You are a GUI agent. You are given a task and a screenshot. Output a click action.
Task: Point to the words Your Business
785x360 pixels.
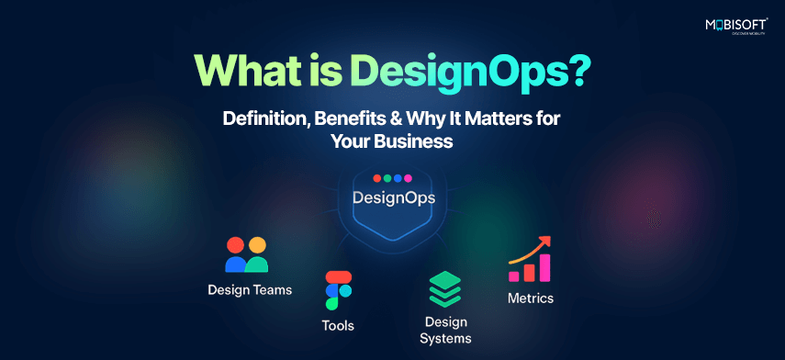(391, 141)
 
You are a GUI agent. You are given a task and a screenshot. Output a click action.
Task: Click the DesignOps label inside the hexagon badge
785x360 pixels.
(394, 197)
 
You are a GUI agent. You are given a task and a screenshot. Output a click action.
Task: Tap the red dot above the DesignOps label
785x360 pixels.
(377, 178)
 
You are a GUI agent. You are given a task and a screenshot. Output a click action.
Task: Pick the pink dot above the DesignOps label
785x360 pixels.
(408, 178)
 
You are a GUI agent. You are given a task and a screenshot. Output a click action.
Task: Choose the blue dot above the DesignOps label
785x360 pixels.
(398, 178)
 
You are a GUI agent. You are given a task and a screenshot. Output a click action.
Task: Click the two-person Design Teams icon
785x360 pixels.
(246, 254)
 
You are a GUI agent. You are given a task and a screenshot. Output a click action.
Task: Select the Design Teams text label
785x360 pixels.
(250, 290)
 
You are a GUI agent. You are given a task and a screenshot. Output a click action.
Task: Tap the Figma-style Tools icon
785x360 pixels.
(339, 290)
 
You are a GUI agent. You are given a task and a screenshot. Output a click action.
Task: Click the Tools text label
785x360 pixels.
(338, 326)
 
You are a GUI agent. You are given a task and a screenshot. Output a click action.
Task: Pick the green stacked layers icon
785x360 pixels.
(444, 289)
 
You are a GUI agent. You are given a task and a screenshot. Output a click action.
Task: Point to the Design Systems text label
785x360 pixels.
(445, 330)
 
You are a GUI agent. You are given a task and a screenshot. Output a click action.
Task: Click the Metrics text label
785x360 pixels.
(531, 298)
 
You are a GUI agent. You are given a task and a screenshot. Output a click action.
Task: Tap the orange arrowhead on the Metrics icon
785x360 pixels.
(545, 242)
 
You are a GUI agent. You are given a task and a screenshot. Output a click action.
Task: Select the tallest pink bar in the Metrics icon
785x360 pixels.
(544, 268)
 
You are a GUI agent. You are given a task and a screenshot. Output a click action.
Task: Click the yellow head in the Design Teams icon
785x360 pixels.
(257, 245)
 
